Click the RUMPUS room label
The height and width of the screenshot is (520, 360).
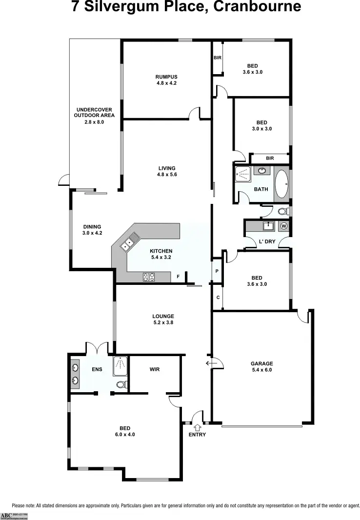[166, 77]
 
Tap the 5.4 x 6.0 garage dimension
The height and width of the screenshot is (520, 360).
[261, 370]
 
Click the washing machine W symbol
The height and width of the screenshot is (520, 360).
[284, 226]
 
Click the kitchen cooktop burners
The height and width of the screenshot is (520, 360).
[149, 277]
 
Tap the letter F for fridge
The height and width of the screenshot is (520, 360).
[179, 277]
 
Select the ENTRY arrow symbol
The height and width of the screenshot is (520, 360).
[197, 427]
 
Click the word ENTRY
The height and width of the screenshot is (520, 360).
[197, 435]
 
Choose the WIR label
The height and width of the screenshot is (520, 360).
[155, 369]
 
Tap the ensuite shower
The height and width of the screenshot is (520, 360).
[120, 366]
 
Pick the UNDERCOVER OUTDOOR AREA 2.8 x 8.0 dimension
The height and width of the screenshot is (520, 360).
[94, 122]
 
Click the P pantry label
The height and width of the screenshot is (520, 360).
[217, 271]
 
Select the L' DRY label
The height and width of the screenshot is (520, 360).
[267, 242]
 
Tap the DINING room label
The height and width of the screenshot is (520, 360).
[92, 226]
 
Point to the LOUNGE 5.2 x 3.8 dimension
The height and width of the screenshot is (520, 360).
[163, 322]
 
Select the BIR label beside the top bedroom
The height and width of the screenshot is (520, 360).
[218, 58]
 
